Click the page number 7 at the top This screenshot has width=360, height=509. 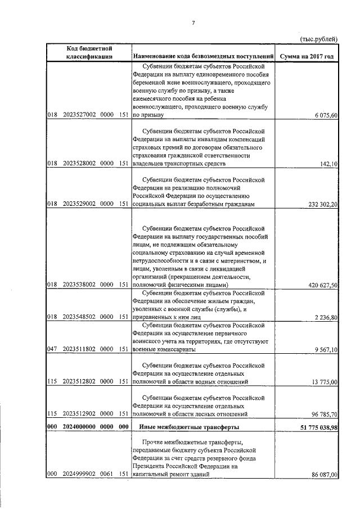click(x=193, y=23)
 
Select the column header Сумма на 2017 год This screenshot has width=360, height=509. click(x=309, y=56)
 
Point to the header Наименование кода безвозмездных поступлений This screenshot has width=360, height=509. click(x=204, y=56)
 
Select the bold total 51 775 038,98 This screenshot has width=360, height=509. click(x=314, y=427)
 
